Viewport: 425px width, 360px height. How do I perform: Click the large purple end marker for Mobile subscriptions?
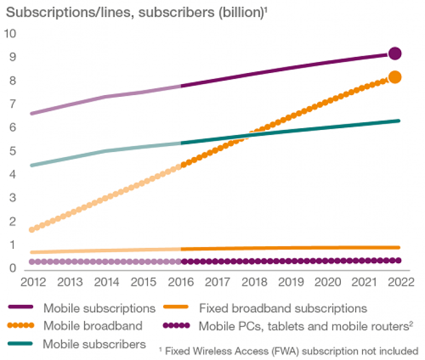point(395,54)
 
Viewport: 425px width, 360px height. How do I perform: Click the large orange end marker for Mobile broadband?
point(395,77)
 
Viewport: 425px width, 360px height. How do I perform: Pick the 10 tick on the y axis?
point(11,34)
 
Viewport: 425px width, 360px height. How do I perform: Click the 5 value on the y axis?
point(13,152)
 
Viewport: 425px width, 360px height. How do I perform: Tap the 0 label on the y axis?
point(13,269)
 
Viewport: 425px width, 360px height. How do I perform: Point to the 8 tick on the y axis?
point(13,81)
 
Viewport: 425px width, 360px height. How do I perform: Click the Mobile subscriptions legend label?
point(100,307)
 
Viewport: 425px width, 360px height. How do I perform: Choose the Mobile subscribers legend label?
point(95,344)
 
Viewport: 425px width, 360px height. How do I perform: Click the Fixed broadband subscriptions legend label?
point(283,307)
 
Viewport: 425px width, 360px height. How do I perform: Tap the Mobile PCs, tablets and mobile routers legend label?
point(304,326)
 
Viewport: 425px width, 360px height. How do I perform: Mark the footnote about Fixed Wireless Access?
point(288,350)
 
